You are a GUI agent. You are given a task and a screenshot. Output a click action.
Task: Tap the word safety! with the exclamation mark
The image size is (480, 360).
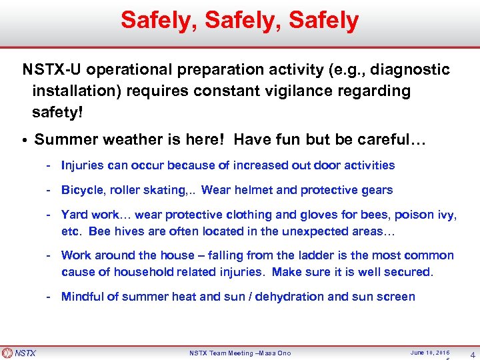57,113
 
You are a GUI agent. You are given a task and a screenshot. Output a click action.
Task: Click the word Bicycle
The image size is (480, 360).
83,190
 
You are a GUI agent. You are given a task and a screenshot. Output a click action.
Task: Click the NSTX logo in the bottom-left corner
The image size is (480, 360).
20,353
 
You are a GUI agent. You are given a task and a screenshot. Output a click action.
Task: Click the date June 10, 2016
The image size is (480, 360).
430,352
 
